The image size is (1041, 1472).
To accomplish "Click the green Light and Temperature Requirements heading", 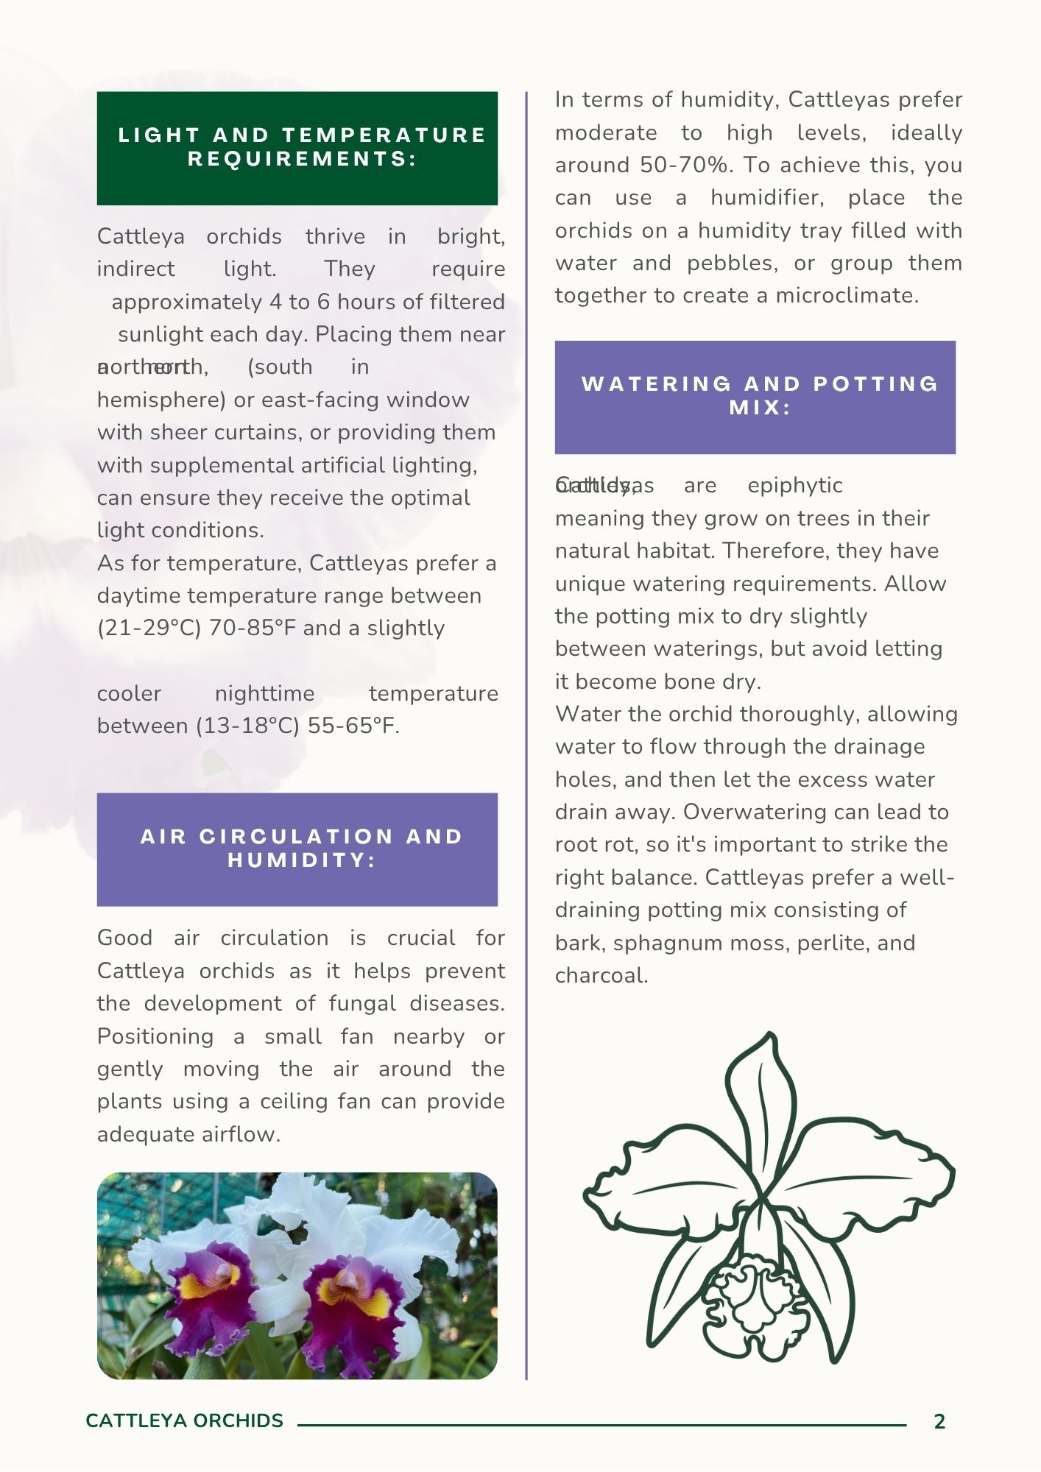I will point(297,148).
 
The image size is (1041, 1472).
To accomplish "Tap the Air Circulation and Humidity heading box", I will point(297,849).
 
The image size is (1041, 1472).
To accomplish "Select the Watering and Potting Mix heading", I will point(755,397).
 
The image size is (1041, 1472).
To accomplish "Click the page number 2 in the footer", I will point(939,1421).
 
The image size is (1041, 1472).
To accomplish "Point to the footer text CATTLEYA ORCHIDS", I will point(184,1420).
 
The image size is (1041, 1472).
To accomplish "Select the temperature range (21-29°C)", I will point(149,628).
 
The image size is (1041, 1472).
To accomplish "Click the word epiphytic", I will point(794,486).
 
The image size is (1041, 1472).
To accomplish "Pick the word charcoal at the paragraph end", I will point(600,975).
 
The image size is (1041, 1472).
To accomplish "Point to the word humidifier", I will point(766,197).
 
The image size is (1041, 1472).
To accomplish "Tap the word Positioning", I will point(155,1036).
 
